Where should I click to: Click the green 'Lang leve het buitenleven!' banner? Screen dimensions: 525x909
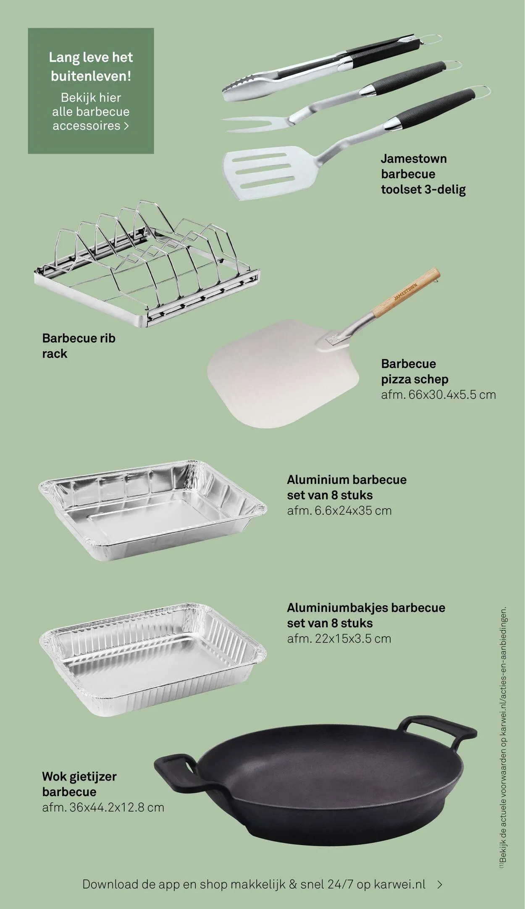tap(91, 91)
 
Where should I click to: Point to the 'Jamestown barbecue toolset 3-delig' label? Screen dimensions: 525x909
tap(423, 174)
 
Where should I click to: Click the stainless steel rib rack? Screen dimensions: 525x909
tap(147, 264)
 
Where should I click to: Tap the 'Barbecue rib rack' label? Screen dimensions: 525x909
tap(79, 346)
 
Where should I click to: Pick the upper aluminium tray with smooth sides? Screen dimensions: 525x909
tap(152, 511)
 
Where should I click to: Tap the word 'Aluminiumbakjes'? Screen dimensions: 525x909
tap(337, 608)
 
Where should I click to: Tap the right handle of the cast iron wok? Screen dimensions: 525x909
tap(441, 731)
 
